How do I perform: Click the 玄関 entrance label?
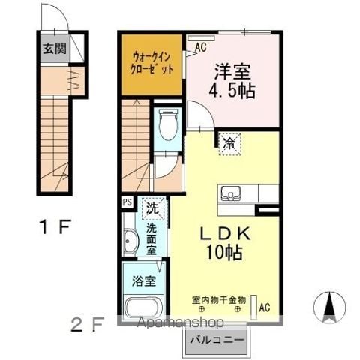tap(53, 50)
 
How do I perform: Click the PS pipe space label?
tap(127, 202)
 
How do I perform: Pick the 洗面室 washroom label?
tap(151, 238)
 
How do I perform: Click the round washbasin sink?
tap(130, 242)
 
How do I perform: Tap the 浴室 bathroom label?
tap(145, 282)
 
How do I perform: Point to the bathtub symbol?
tap(145, 308)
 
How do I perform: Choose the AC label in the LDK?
tap(264, 307)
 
